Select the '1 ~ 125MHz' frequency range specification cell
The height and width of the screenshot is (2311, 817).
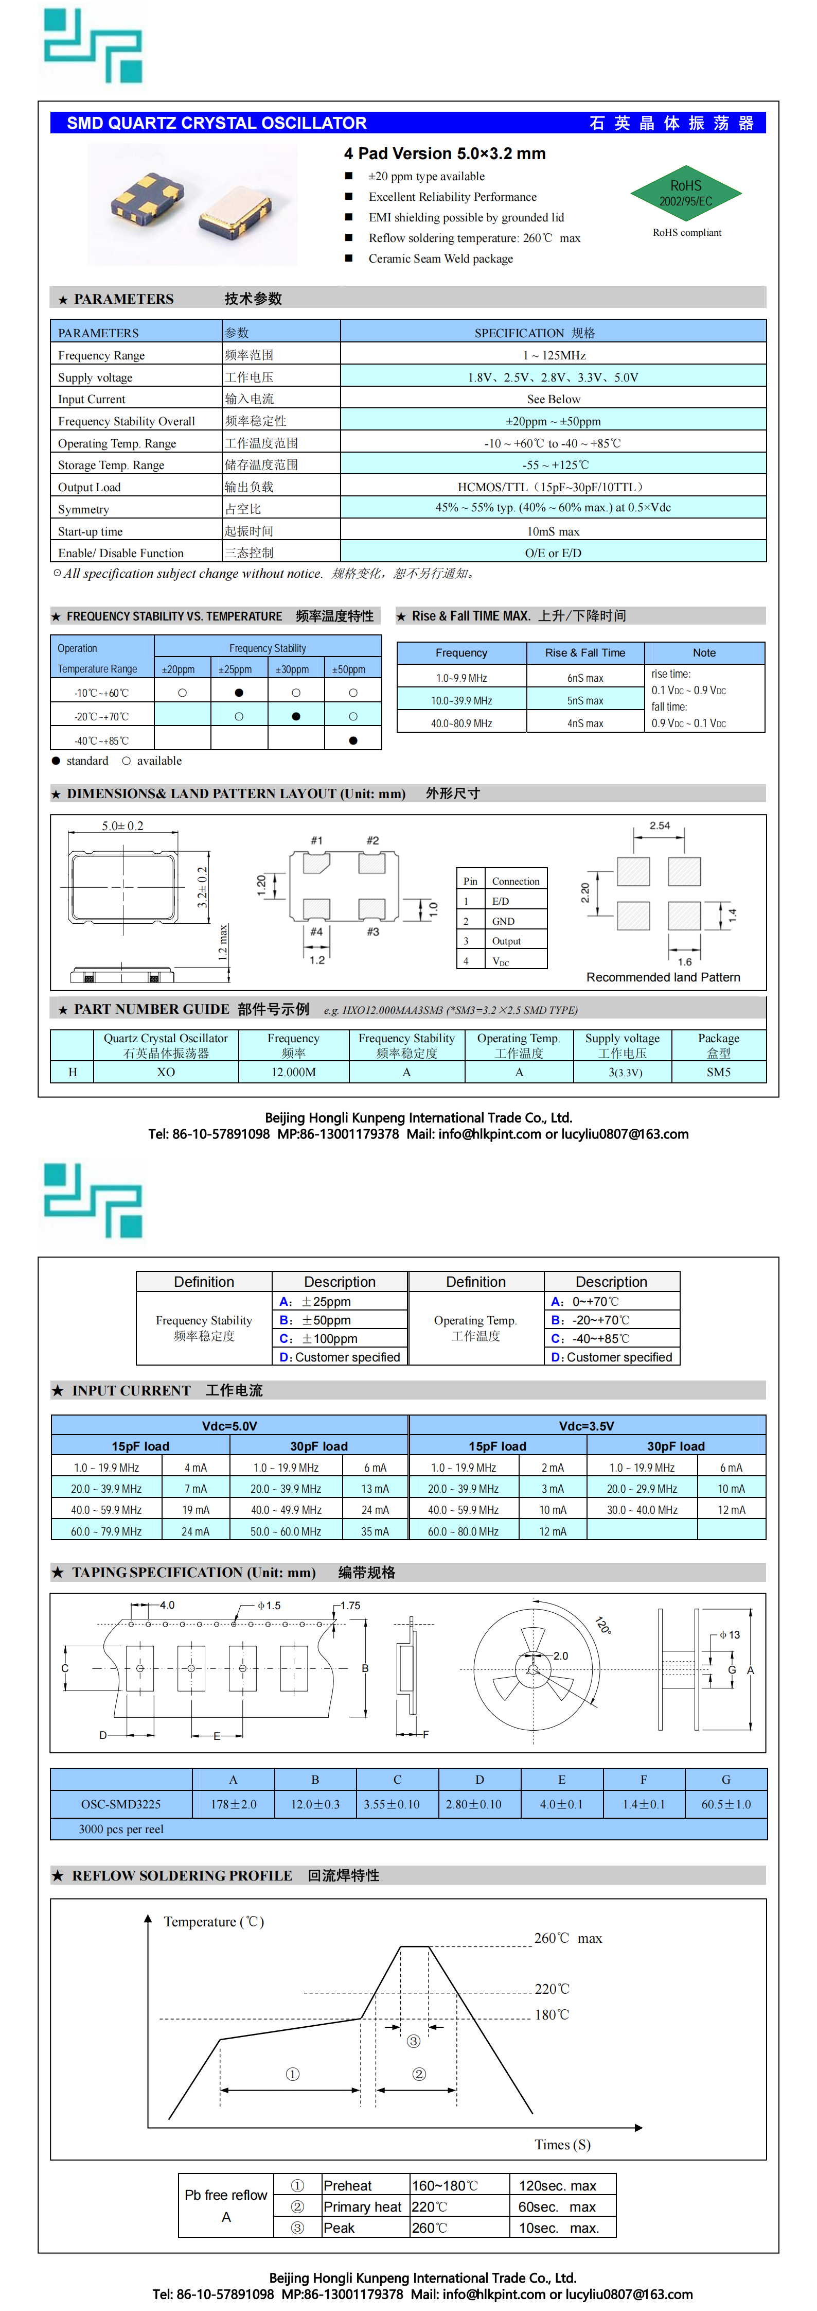pos(554,355)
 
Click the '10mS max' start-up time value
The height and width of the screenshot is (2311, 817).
pos(554,531)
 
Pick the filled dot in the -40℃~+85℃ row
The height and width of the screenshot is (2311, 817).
pos(352,740)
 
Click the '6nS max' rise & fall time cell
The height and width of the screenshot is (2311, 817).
pos(585,678)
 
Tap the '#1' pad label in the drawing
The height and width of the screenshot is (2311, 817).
pos(316,840)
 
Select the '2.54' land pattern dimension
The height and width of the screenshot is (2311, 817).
pos(659,825)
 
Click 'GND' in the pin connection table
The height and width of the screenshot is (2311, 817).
pos(503,921)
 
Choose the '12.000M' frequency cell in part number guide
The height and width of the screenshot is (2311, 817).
pos(293,1072)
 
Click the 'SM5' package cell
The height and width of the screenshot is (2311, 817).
pos(718,1072)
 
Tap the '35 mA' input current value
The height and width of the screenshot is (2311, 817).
pos(375,1531)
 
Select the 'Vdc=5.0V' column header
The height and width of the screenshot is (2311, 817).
pos(229,1425)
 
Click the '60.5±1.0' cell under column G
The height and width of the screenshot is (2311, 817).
pos(725,1804)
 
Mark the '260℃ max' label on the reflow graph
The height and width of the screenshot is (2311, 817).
pos(567,1938)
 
